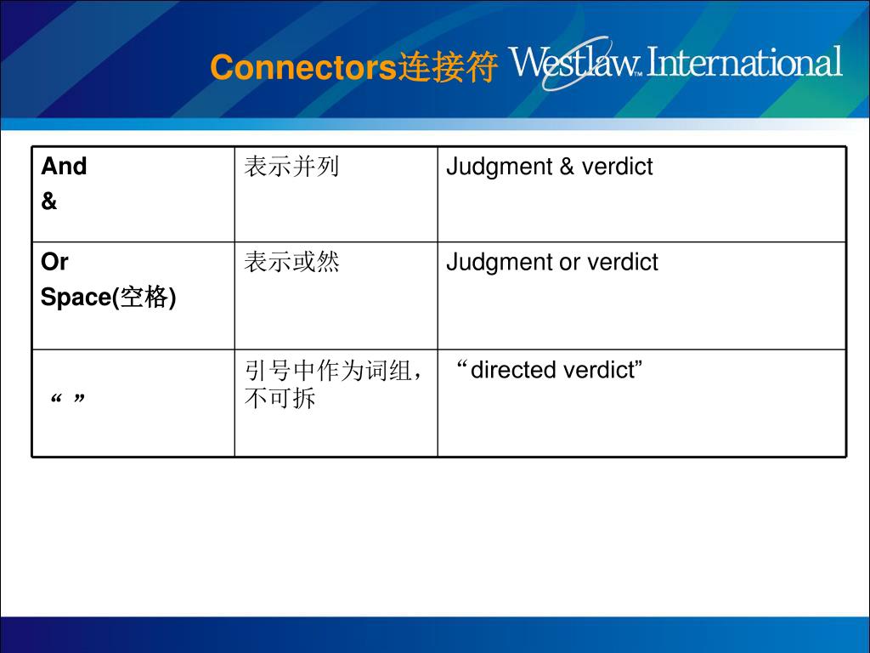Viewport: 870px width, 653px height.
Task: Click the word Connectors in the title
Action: click(x=303, y=68)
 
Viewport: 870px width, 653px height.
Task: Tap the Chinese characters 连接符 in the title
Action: click(x=447, y=68)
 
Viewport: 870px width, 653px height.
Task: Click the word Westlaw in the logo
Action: click(x=574, y=62)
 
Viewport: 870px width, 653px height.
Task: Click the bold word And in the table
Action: click(x=64, y=167)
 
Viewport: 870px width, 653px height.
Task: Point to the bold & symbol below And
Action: click(x=49, y=202)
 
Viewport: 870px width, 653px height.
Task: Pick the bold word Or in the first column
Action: click(x=54, y=263)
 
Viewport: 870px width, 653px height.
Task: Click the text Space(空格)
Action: click(x=109, y=298)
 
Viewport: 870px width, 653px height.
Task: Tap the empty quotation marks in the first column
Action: click(x=69, y=400)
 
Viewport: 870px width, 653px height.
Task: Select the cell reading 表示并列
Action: click(x=291, y=167)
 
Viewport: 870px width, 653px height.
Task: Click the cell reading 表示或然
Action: click(x=291, y=263)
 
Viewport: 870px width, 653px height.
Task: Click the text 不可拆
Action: click(x=280, y=398)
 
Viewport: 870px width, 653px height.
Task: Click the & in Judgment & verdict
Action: click(x=567, y=167)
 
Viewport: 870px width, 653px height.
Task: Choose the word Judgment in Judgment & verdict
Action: click(x=499, y=168)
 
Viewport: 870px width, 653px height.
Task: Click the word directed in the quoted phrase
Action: click(x=511, y=371)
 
